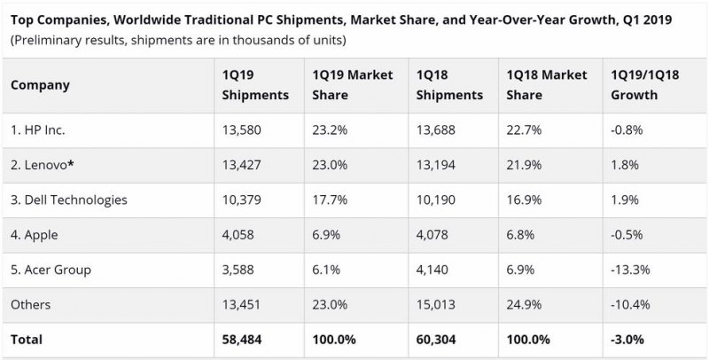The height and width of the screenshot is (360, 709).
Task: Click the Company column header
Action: [x=40, y=85]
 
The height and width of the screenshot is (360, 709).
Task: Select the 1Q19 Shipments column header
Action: [x=255, y=84]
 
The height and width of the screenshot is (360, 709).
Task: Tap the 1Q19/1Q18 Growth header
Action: [x=645, y=84]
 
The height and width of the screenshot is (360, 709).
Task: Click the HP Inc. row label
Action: [x=38, y=130]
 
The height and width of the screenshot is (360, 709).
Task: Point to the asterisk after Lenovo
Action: [x=71, y=164]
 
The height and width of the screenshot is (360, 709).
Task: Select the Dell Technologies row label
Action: [x=69, y=200]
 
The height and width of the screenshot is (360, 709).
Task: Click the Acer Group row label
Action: [x=51, y=270]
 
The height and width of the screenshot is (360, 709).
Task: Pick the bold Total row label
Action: [x=27, y=340]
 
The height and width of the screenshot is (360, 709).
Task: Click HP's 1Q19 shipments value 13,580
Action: [x=241, y=130]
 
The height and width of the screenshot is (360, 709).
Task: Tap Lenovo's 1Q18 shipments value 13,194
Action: [x=436, y=165]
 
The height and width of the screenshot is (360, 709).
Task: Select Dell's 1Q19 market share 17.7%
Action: [x=330, y=200]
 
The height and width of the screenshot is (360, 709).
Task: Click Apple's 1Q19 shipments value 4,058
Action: [x=238, y=235]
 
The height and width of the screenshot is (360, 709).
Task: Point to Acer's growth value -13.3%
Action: [x=630, y=270]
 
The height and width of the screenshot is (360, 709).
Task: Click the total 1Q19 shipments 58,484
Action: [x=242, y=340]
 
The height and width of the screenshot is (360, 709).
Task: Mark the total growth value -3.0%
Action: [x=627, y=340]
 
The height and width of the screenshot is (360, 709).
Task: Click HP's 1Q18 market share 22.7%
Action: [x=524, y=130]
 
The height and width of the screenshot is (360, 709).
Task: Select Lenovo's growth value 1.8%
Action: [x=625, y=165]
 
